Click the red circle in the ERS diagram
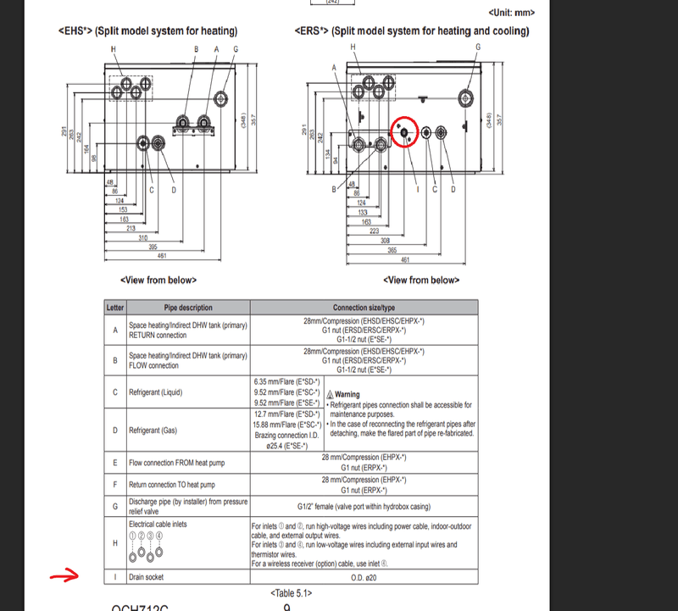[x=404, y=132]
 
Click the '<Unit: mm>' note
[x=512, y=13]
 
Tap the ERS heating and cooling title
[x=413, y=31]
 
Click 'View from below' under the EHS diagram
[x=158, y=280]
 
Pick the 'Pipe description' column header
[x=188, y=308]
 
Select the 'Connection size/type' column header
[x=364, y=308]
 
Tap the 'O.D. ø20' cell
[x=364, y=577]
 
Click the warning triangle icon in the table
[x=330, y=395]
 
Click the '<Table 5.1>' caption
[x=291, y=593]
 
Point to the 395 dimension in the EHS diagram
[x=153, y=247]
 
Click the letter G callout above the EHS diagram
[x=235, y=49]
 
